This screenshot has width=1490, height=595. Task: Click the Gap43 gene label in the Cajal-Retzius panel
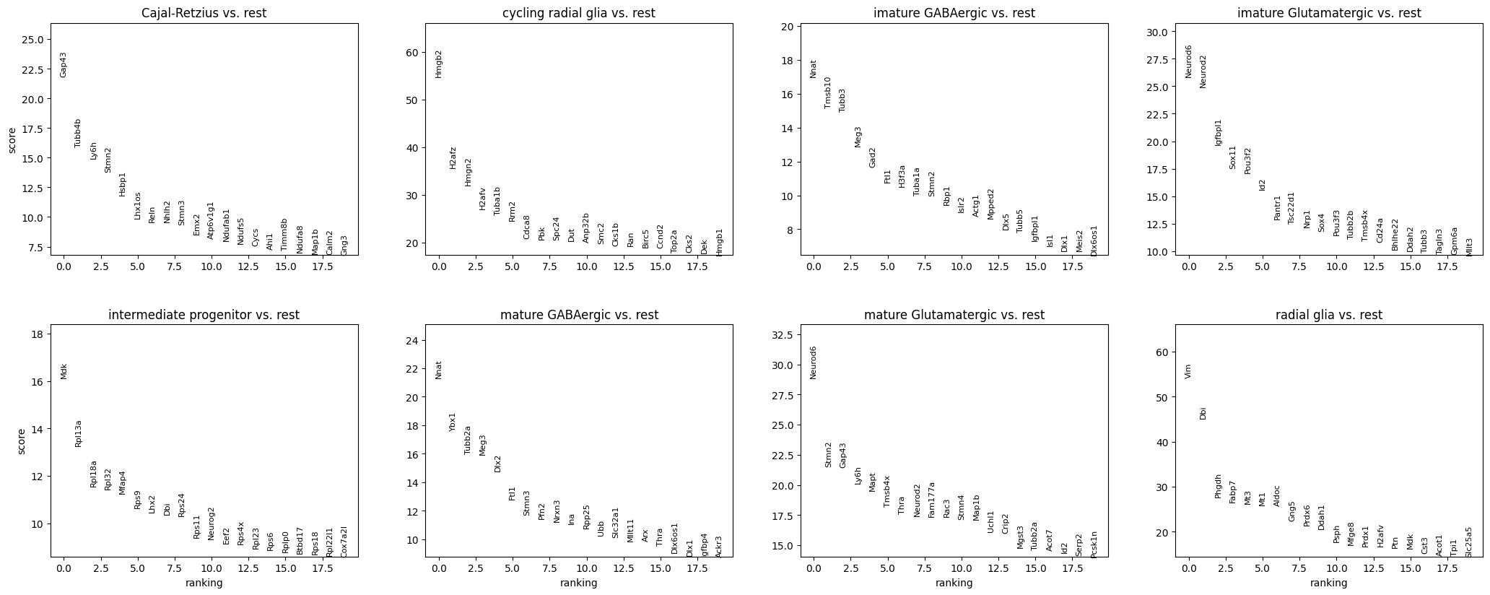[64, 65]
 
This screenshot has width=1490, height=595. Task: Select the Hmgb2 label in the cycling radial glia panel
[439, 64]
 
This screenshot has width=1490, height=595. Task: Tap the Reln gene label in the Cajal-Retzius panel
[152, 214]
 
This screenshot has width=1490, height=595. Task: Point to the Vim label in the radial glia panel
[1188, 371]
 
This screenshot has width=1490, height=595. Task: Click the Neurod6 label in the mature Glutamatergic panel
[814, 362]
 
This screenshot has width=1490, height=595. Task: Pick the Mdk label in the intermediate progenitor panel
[64, 371]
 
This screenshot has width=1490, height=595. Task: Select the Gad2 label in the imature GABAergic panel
[872, 157]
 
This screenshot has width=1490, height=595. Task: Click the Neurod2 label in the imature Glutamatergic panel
[1203, 71]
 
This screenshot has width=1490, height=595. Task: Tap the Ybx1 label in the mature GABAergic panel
[453, 422]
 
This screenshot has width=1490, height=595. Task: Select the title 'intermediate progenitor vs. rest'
[204, 315]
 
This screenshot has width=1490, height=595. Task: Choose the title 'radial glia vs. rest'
[1329, 315]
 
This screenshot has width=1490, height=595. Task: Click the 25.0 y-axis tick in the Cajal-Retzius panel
[36, 39]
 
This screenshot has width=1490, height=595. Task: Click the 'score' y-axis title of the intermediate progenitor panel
[22, 441]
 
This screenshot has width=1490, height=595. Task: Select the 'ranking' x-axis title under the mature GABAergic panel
[579, 583]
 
